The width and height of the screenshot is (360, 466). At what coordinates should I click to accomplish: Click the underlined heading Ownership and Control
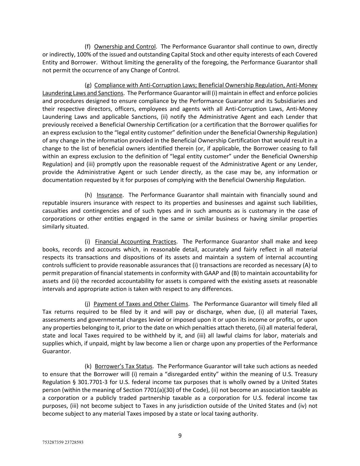tap(125, 46)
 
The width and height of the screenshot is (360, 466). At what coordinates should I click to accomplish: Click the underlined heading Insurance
tap(109, 195)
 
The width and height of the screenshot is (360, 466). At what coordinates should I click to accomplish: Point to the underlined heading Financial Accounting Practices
tap(135, 242)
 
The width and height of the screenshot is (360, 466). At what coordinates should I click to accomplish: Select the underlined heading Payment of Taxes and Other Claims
tap(141, 304)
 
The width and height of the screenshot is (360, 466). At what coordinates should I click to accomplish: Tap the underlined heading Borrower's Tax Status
tap(124, 366)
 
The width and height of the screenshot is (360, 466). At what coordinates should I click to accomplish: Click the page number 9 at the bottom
tap(180, 435)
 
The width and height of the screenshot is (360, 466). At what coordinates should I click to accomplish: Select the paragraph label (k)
tap(88, 366)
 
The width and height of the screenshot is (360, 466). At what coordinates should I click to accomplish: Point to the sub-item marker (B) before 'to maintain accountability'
tap(235, 273)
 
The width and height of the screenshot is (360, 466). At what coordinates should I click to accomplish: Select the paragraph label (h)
tap(88, 195)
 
